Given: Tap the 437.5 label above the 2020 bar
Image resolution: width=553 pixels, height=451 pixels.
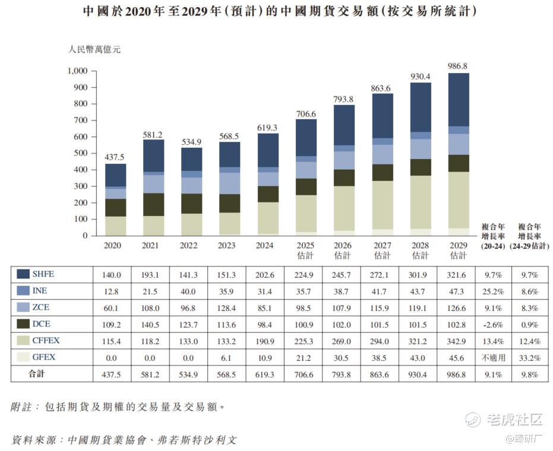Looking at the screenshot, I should click(x=115, y=157).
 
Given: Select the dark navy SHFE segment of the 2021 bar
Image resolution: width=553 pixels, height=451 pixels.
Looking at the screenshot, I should click(x=153, y=155).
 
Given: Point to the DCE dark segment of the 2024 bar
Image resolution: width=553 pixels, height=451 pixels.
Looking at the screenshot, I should click(x=268, y=194).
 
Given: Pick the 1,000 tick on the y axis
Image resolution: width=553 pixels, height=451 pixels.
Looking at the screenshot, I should click(x=77, y=71).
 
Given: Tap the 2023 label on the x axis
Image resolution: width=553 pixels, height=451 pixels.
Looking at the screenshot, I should click(x=229, y=244).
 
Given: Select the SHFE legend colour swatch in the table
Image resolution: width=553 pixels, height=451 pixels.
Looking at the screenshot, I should click(x=24, y=274).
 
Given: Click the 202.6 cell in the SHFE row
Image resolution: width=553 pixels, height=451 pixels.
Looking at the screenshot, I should click(x=268, y=275).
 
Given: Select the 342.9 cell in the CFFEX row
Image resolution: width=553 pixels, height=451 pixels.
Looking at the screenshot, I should click(x=458, y=341).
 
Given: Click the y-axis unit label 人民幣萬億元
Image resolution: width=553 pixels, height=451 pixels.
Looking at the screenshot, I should click(x=94, y=50).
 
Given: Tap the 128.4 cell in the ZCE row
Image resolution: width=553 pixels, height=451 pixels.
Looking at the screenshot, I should click(x=229, y=308).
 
